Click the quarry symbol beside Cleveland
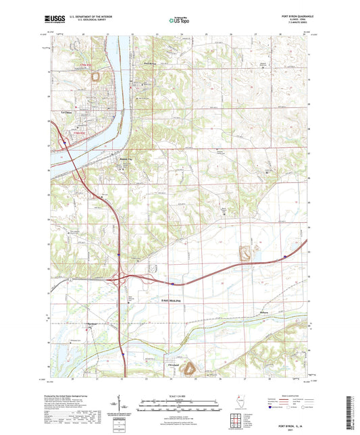[x=190, y=367]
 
